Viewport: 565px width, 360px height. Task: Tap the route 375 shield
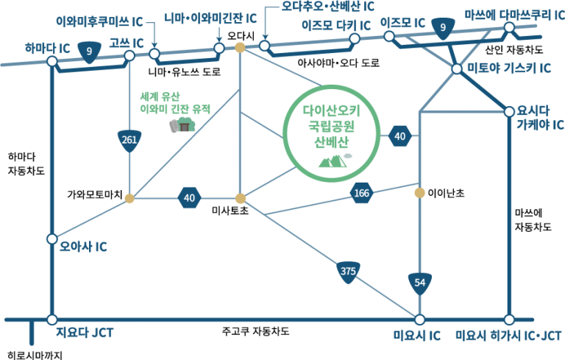349,272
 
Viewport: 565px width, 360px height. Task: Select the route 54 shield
419,282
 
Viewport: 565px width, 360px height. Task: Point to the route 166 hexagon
362,193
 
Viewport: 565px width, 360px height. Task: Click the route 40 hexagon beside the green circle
400,136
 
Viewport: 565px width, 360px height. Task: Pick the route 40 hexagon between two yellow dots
190,197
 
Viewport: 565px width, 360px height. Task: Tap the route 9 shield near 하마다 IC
89,52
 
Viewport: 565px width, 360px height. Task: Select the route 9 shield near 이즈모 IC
442,29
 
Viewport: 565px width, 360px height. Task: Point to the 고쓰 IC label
124,43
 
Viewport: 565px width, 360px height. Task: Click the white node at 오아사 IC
51,239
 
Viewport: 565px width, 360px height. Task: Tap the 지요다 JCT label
85,333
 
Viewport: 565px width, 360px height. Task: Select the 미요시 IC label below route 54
416,336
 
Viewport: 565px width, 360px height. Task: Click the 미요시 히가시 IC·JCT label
508,336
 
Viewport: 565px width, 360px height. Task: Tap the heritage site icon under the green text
183,127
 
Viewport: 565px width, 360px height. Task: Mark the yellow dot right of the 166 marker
419,193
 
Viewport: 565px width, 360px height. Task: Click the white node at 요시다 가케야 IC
509,111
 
